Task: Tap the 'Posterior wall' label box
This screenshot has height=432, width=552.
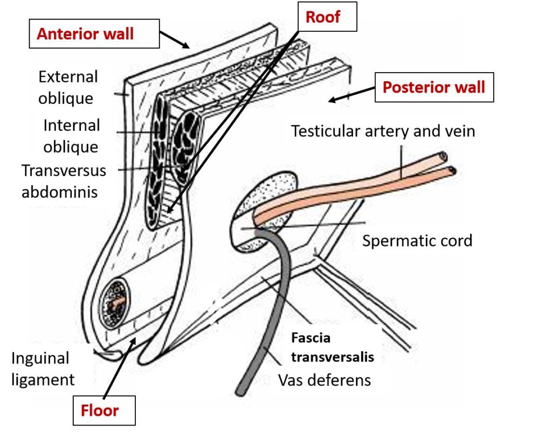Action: click(434, 87)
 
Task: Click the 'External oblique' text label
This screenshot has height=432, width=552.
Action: click(68, 87)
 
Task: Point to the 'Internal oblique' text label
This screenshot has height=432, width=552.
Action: click(71, 136)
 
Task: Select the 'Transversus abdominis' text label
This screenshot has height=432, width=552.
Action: click(64, 180)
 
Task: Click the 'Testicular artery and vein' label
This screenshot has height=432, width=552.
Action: click(383, 131)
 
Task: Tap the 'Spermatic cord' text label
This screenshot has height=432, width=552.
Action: click(417, 240)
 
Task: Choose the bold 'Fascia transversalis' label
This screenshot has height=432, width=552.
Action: click(332, 347)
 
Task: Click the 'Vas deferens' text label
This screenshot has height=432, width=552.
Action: click(325, 380)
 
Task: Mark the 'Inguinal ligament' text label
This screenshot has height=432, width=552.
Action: click(43, 368)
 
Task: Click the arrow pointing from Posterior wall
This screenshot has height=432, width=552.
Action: click(350, 96)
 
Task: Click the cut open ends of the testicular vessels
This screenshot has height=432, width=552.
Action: click(447, 164)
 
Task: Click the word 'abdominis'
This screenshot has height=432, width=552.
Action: click(59, 191)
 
